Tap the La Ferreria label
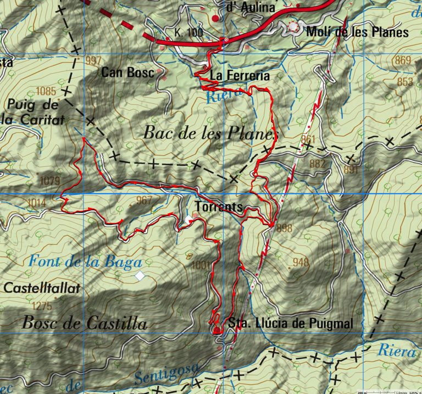coord(240,75)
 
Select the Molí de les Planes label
coord(357,32)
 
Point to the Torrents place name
coord(218,207)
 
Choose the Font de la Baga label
coord(86,262)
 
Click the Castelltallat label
coord(42,288)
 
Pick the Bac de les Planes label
coord(210,132)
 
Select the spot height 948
coord(301,262)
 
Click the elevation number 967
coord(143,200)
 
